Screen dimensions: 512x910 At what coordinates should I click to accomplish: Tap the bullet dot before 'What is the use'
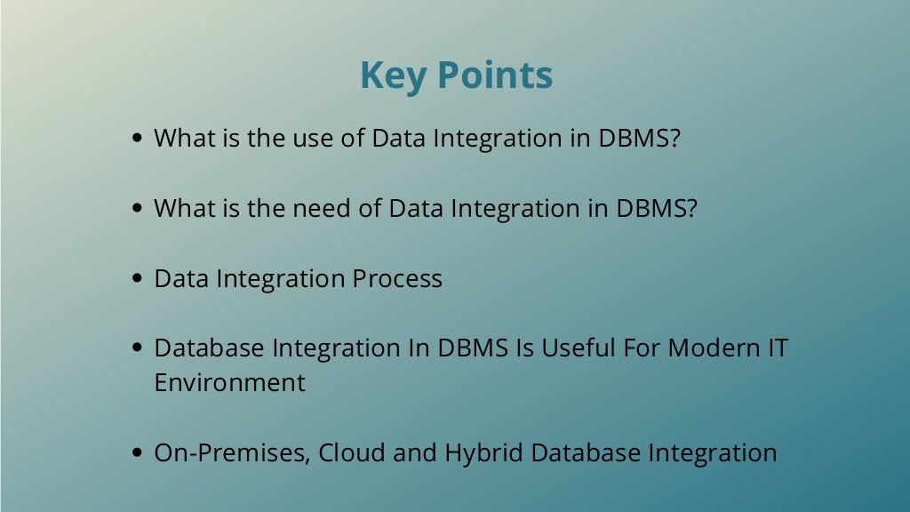(x=138, y=139)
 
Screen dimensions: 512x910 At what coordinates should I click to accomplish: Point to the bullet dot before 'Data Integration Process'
(x=138, y=279)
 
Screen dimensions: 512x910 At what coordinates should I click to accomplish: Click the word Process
(x=397, y=279)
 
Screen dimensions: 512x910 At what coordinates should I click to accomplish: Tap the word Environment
(x=229, y=383)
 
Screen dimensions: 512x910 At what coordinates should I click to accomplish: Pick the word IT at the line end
(x=778, y=348)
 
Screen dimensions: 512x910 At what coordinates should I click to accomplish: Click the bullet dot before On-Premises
(x=138, y=453)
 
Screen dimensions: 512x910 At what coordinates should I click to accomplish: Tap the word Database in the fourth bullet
(x=206, y=348)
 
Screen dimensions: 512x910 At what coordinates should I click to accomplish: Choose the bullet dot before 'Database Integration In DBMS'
(x=138, y=348)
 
